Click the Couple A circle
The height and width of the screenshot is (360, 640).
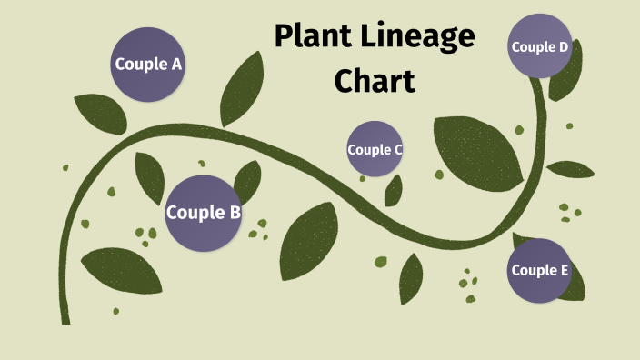click(x=148, y=64)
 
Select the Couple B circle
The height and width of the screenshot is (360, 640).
click(x=203, y=213)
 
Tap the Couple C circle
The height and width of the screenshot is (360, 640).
click(x=375, y=149)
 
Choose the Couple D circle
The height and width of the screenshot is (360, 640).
click(x=540, y=46)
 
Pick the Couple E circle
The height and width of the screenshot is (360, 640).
click(x=540, y=270)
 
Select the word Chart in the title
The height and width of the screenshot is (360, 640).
click(x=375, y=80)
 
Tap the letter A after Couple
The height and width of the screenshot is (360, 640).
click(x=176, y=65)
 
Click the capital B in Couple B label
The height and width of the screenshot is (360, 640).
click(x=235, y=214)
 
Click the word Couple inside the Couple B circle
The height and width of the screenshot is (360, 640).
click(x=195, y=214)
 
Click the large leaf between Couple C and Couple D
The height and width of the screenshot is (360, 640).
click(x=476, y=150)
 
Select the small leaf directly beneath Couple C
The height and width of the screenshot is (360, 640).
click(x=394, y=190)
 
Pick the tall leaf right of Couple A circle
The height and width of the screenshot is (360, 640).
click(x=243, y=88)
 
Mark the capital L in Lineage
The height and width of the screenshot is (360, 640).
click(x=365, y=37)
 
